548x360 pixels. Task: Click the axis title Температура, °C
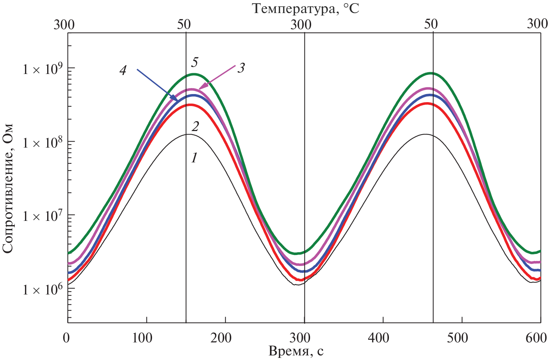point(306,9)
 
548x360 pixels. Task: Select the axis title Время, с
point(296,351)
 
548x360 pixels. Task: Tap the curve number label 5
point(194,62)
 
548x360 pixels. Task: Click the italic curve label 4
point(123,70)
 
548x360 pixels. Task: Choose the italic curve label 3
point(241,68)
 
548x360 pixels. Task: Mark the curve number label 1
point(194,158)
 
